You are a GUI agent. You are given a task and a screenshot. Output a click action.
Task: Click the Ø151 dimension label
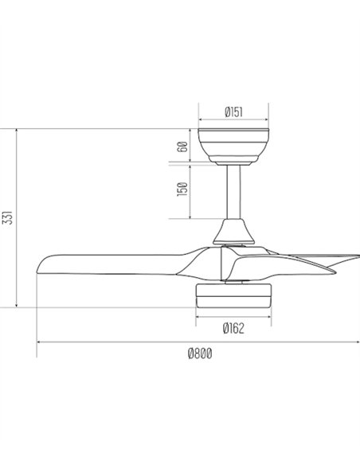[x=233, y=112]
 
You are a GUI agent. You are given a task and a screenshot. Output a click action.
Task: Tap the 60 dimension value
[x=183, y=147]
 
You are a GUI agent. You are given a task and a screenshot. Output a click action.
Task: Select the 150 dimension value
[x=182, y=190]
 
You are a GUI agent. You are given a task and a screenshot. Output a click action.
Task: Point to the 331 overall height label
[x=8, y=217]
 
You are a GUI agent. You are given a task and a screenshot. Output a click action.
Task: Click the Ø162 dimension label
[x=233, y=328]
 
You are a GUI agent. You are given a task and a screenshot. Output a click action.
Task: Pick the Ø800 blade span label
[x=200, y=354]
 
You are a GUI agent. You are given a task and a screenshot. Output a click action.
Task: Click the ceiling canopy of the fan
[x=233, y=145]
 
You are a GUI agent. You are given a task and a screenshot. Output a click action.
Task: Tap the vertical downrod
[x=233, y=192]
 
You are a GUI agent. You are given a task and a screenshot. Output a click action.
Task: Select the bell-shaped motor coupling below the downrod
[x=233, y=232]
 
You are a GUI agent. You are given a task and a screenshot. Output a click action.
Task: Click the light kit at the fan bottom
[x=233, y=295]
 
